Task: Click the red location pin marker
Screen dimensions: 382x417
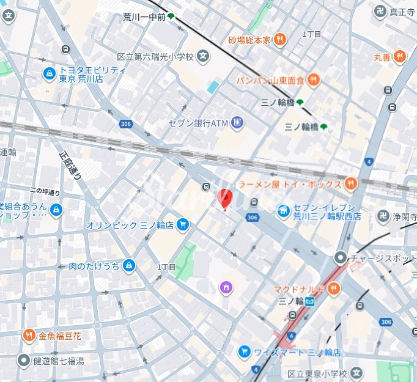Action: (x=224, y=199)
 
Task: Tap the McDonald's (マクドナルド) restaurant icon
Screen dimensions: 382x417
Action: (x=333, y=289)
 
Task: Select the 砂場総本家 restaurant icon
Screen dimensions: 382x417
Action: (x=279, y=40)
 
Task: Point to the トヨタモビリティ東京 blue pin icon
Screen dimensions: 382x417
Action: (x=49, y=74)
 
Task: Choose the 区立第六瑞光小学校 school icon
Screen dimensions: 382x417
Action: (x=203, y=57)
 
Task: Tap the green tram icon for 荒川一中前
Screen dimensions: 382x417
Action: (x=172, y=17)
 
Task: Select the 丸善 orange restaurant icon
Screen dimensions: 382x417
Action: (x=400, y=57)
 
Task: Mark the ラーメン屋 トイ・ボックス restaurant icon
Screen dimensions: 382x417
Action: (x=350, y=183)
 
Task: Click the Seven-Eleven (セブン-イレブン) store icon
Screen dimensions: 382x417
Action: (x=283, y=211)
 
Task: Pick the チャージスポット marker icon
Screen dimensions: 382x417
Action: (x=340, y=258)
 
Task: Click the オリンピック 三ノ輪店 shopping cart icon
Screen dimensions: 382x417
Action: (x=182, y=225)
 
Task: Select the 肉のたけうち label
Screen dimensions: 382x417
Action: (x=94, y=266)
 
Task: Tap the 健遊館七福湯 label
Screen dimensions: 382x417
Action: (x=59, y=361)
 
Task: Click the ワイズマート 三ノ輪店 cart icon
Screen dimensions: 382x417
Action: (x=244, y=352)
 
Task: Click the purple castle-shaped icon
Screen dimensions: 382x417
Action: (x=225, y=287)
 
